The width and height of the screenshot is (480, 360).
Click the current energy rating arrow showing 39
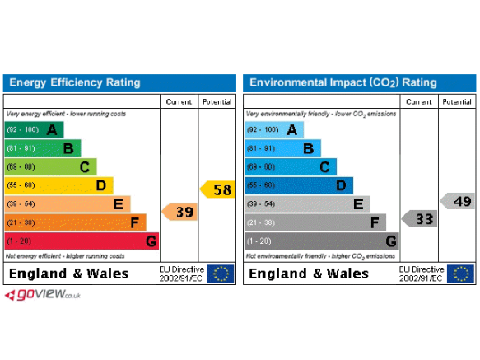pos(179,212)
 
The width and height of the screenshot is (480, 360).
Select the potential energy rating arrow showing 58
pos(217,189)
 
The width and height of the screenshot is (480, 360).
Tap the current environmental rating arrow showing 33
pos(419,219)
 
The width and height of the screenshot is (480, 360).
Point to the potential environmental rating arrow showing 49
pos(457,201)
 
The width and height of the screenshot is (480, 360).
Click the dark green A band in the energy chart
pos(34,129)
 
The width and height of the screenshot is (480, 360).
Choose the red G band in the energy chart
pos(82,241)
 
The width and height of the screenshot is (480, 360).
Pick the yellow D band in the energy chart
pos(58,185)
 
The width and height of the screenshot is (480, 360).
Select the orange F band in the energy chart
pos(75,222)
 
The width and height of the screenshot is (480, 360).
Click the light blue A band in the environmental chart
pos(274,129)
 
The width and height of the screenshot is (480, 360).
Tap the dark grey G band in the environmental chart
pos(322,241)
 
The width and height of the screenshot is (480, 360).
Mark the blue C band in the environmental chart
pos(291,166)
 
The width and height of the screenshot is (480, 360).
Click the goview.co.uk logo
pos(43,295)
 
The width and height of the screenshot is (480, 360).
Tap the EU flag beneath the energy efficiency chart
pos(221,274)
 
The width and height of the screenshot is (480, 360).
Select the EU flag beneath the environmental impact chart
pos(460,274)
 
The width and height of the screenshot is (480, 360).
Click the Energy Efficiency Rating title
pos(75,82)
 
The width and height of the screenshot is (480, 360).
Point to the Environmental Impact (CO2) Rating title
pos(343,82)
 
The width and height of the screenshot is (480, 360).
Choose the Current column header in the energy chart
pos(179,101)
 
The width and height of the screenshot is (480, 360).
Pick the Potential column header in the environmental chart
pos(457,101)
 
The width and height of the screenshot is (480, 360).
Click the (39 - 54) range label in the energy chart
pos(21,203)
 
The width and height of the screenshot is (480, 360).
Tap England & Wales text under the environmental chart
pos(309,274)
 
